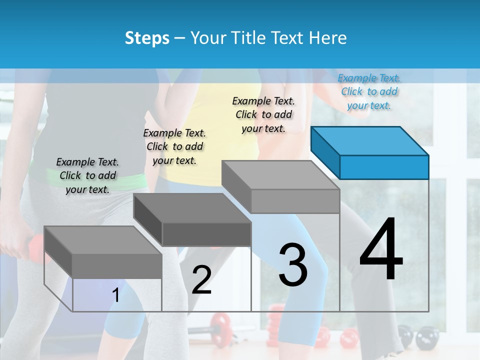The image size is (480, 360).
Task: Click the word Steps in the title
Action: (x=147, y=38)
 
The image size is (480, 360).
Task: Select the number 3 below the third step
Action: (x=293, y=264)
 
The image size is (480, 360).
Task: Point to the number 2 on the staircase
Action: (x=201, y=280)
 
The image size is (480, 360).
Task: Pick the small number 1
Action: (x=116, y=295)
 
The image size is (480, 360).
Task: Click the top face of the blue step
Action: (x=369, y=140)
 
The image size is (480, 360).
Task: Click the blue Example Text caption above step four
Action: (x=369, y=91)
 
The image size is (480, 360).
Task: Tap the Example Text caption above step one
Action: (x=87, y=175)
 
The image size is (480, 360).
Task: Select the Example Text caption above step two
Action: (x=174, y=146)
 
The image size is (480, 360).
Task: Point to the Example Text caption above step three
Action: (x=263, y=114)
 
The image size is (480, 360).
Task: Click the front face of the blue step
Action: (x=384, y=167)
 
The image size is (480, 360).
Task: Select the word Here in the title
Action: (x=328, y=38)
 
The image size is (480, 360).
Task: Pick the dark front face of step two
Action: (x=206, y=234)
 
